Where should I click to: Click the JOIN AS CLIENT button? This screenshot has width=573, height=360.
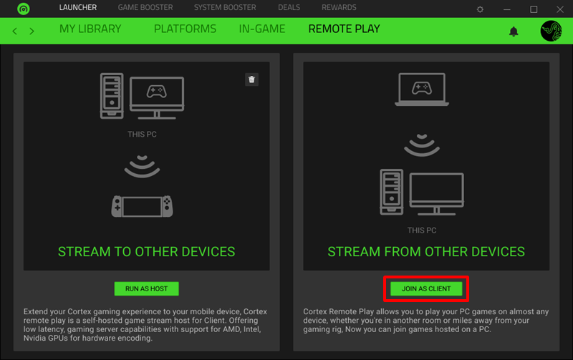(x=426, y=288)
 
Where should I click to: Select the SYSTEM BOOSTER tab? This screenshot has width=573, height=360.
(x=225, y=8)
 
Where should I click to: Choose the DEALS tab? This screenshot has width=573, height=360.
(x=289, y=8)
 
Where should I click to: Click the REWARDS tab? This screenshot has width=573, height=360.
(x=339, y=8)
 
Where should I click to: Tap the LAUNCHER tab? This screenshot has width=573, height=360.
(x=78, y=8)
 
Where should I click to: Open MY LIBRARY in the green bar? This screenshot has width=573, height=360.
(x=90, y=29)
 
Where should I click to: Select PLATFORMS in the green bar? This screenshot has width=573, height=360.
(x=185, y=29)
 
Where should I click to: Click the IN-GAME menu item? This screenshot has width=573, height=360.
(x=262, y=29)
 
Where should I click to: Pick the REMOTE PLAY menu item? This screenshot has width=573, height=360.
(x=344, y=29)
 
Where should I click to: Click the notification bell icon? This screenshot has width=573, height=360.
(x=514, y=31)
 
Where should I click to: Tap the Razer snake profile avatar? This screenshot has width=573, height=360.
(x=552, y=31)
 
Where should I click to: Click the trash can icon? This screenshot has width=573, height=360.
(x=251, y=79)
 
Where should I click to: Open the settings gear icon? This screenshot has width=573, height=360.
(x=480, y=9)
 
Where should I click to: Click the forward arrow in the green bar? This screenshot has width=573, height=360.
(x=33, y=31)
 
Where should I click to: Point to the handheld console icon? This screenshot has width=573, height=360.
(x=143, y=207)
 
